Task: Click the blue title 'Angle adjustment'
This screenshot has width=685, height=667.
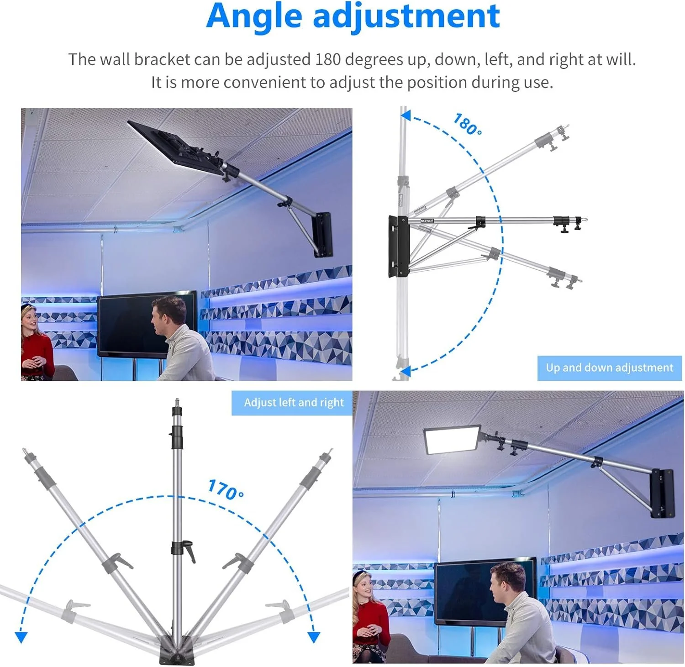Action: (x=353, y=16)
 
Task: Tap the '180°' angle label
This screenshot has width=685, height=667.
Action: (x=467, y=124)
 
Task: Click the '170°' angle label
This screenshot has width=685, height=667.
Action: (x=226, y=489)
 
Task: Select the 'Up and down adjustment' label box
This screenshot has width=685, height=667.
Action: (x=610, y=368)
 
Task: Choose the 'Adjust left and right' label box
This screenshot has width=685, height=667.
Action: (x=294, y=403)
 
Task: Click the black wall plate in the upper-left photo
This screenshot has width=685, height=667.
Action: (x=322, y=234)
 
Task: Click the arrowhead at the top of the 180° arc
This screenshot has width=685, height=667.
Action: (x=405, y=116)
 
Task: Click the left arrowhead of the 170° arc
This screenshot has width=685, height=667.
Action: (x=21, y=637)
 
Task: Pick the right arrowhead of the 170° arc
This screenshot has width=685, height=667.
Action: (x=313, y=637)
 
